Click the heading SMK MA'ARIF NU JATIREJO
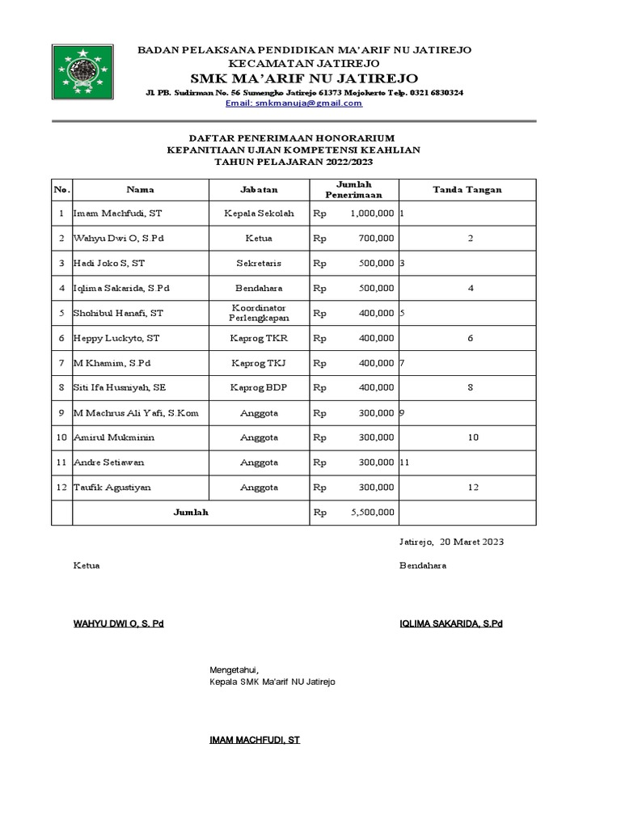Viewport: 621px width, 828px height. click(x=304, y=78)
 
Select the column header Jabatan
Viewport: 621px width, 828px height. click(x=259, y=190)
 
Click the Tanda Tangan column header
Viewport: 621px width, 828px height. click(x=467, y=190)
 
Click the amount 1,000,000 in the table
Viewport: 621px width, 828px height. click(x=372, y=213)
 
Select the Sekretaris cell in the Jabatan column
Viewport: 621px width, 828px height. click(x=259, y=264)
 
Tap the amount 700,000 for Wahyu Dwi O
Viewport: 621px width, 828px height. click(x=378, y=239)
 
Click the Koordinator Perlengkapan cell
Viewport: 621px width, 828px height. click(x=259, y=313)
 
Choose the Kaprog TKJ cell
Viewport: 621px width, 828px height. click(x=259, y=363)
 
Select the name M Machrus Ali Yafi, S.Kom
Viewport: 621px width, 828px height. click(x=135, y=413)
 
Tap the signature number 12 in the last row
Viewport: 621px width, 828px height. click(x=473, y=488)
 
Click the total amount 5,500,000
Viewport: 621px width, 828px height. click(x=372, y=513)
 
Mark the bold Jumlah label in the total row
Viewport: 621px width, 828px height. click(x=191, y=513)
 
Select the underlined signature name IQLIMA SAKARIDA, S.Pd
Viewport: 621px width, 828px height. click(x=450, y=624)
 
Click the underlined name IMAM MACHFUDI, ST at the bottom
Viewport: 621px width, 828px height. click(x=255, y=739)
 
